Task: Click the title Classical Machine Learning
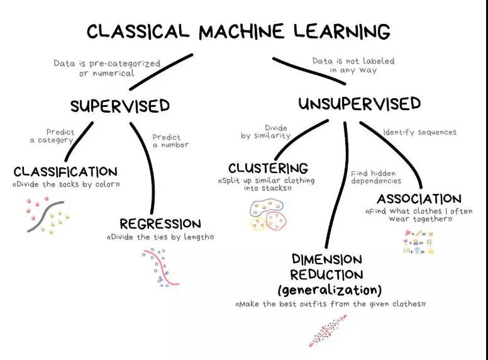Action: click(x=238, y=31)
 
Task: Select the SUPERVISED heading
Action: click(x=119, y=106)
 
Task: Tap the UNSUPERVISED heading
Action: click(x=359, y=104)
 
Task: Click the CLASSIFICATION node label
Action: click(x=65, y=172)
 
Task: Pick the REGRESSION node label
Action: click(x=160, y=224)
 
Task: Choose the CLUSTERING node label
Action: click(x=268, y=168)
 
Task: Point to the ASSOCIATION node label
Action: click(x=419, y=199)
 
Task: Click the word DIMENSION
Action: click(x=326, y=259)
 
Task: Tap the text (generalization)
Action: click(x=330, y=290)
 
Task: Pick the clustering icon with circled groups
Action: click(x=268, y=215)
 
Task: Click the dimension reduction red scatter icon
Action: click(x=327, y=329)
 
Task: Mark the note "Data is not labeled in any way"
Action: click(x=353, y=65)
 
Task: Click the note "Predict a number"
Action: click(x=170, y=141)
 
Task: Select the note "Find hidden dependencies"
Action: click(x=374, y=177)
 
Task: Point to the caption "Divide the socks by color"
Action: click(x=65, y=184)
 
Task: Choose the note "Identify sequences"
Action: click(x=419, y=132)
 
